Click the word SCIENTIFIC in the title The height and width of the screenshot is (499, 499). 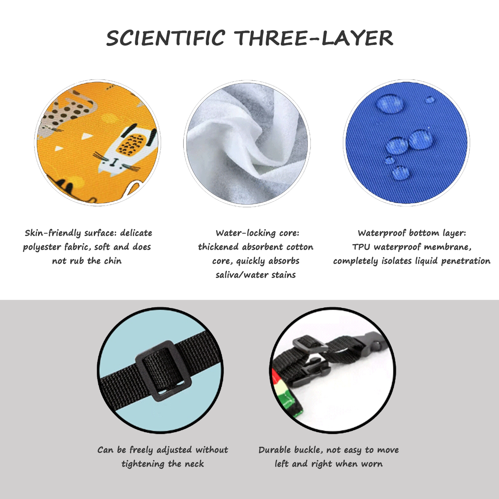(165, 38)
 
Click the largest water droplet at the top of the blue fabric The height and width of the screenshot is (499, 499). (390, 104)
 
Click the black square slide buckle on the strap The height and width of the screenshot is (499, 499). (163, 371)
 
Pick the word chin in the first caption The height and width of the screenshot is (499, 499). (113, 261)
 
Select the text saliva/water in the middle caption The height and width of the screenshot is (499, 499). (242, 275)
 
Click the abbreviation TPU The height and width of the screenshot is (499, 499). (361, 247)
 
